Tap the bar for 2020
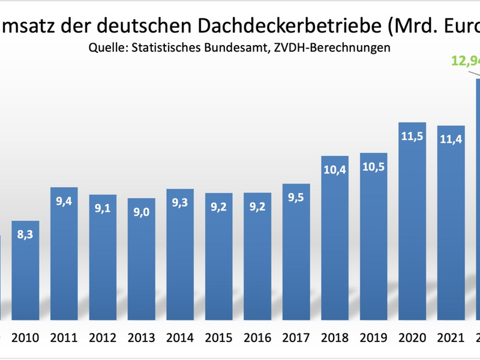(x=412, y=228)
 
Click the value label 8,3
(x=25, y=235)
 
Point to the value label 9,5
(x=296, y=199)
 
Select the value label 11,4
(x=451, y=140)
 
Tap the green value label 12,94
(x=465, y=61)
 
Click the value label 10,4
(x=335, y=170)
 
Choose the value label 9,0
(x=142, y=212)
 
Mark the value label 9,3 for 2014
(x=180, y=203)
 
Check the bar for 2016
(x=257, y=258)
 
